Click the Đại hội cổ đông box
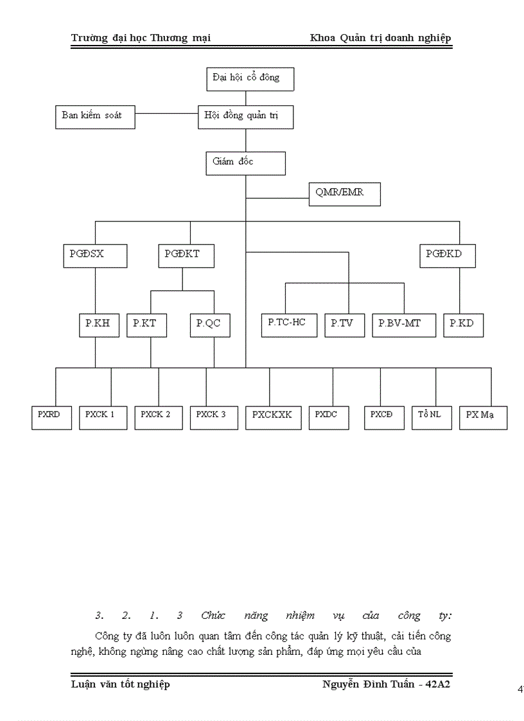[x=246, y=78]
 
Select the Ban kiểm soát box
[x=94, y=116]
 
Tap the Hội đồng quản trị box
[x=246, y=116]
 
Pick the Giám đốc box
[x=246, y=162]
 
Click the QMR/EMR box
[x=344, y=193]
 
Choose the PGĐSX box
[x=95, y=256]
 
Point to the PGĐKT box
[x=186, y=256]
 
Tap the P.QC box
[x=209, y=325]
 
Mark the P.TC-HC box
[x=289, y=324]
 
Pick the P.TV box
[x=347, y=325]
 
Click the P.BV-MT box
[x=404, y=325]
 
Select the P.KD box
[x=463, y=325]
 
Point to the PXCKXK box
[x=272, y=417]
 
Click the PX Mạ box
[x=483, y=417]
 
